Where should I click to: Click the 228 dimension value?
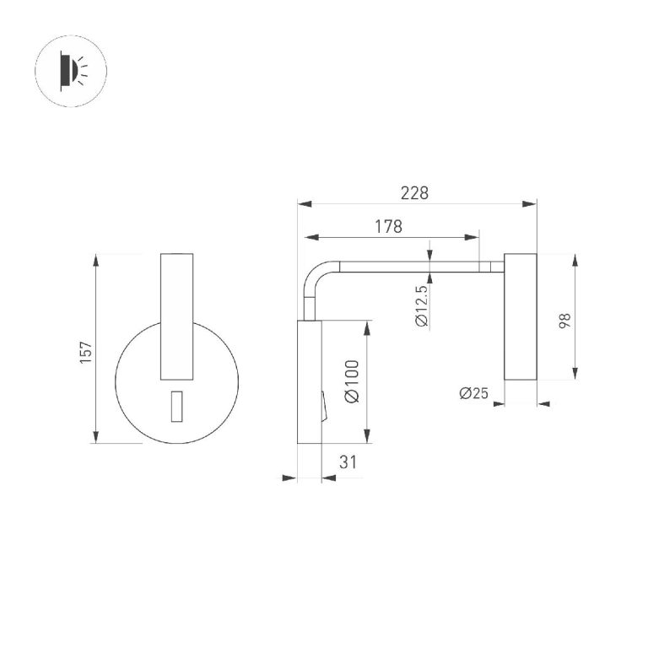coord(414,193)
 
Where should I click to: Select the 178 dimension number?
coord(388,226)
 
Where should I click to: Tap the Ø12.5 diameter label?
coord(422,306)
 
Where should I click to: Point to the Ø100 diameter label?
coord(352,381)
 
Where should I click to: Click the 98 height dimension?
coord(565,321)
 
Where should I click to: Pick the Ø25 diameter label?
coord(473,393)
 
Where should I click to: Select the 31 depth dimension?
coord(348,462)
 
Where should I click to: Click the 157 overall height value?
coord(85,353)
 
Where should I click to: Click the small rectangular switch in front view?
coord(177,406)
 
